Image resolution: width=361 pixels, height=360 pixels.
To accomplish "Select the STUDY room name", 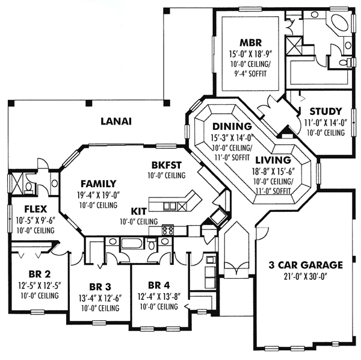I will (326, 111).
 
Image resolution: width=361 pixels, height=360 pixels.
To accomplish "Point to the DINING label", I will (232, 126).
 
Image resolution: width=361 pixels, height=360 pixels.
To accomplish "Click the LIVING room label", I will (273, 161).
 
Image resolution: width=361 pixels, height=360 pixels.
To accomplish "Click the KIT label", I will (138, 211).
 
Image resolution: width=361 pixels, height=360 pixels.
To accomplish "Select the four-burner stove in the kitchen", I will (168, 230).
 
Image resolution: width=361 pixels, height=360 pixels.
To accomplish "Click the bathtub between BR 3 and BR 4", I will (130, 244).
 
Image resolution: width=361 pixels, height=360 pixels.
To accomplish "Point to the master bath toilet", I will (344, 61).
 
